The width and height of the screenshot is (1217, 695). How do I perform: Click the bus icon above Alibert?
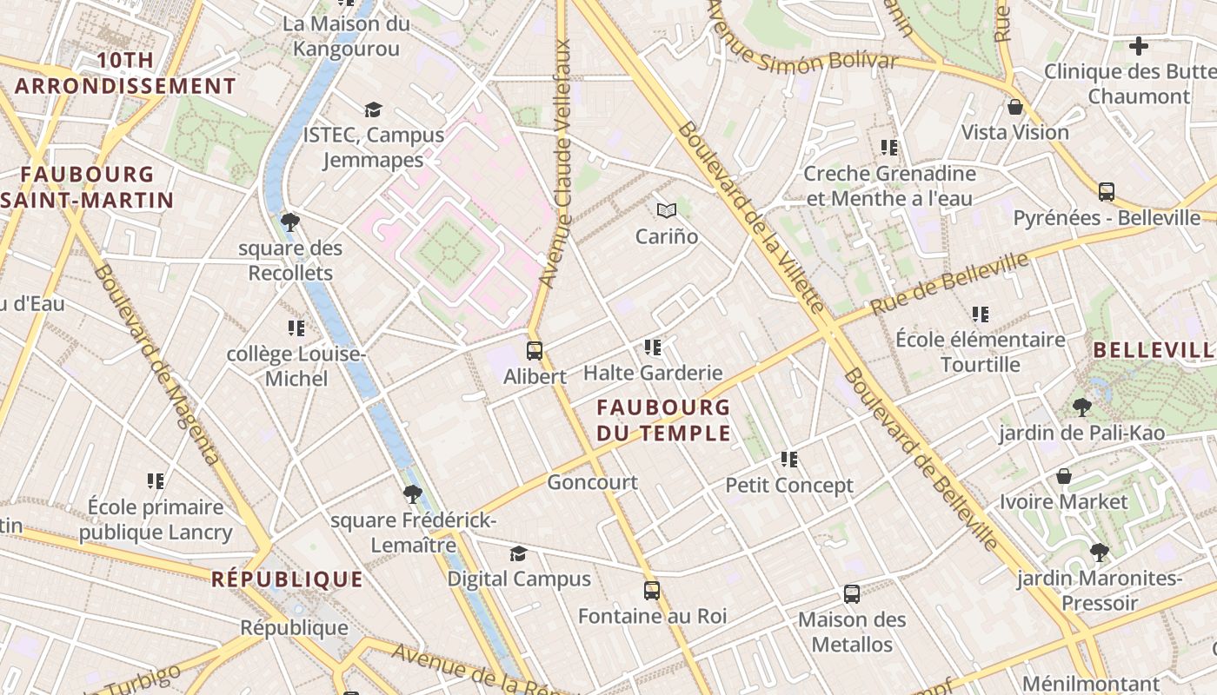[535, 351]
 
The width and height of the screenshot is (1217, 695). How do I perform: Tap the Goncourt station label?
[592, 482]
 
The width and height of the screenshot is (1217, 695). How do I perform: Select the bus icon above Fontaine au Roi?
[652, 591]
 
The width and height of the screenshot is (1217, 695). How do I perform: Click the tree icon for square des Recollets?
[290, 222]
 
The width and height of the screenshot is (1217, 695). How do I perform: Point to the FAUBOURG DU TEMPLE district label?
[663, 420]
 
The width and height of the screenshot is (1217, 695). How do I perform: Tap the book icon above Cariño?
[667, 210]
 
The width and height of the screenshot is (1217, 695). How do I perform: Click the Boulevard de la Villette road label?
[749, 217]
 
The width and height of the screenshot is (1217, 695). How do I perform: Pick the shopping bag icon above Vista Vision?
[1014, 107]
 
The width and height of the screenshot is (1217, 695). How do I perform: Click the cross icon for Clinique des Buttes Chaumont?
[1138, 46]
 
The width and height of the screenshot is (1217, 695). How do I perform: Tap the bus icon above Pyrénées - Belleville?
[1107, 192]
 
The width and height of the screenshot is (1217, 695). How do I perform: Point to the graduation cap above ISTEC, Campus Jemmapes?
[373, 109]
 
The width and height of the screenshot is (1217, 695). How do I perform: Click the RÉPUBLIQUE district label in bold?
[287, 579]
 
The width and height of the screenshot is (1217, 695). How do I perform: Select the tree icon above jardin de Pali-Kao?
[1081, 407]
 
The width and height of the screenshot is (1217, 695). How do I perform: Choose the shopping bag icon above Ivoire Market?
[1063, 476]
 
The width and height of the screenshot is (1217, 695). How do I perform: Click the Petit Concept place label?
[789, 485]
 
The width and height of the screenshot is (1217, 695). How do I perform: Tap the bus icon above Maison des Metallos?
[852, 594]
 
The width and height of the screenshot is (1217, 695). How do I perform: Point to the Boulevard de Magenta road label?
[156, 365]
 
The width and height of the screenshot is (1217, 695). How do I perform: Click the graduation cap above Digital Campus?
[518, 553]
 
